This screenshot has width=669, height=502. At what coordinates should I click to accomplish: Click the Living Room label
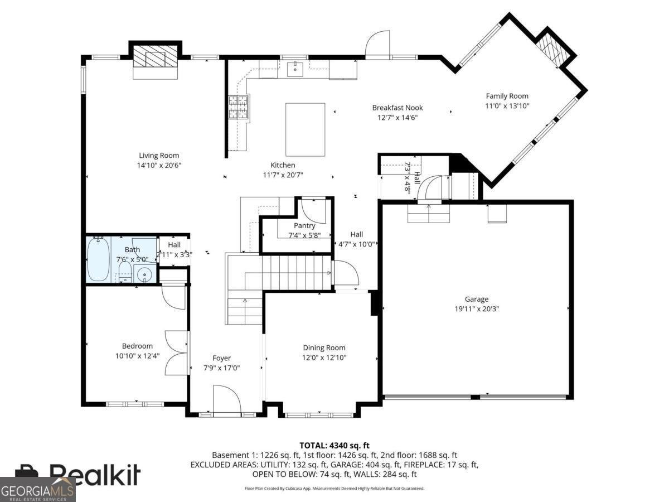point(159,156)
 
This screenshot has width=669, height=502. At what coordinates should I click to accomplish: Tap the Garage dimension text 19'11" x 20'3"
point(476,309)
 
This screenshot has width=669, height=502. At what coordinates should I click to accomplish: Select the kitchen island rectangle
point(305,129)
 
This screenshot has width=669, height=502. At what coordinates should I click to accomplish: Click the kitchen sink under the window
point(295,69)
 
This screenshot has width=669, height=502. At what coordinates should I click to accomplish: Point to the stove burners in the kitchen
point(239,107)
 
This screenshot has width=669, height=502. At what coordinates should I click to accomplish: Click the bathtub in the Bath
point(99,259)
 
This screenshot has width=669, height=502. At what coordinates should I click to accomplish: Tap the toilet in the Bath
point(125,272)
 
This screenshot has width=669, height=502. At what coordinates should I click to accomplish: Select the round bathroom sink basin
point(144,275)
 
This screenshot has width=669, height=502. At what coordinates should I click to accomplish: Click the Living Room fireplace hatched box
point(156,56)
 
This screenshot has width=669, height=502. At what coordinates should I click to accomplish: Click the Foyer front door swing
point(227,399)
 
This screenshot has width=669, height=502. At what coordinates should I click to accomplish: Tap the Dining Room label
point(324,347)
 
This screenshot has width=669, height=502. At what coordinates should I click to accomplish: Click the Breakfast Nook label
point(397,108)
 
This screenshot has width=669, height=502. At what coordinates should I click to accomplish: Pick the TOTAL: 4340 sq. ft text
point(334,446)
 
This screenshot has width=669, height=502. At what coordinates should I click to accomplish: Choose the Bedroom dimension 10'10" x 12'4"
point(138,356)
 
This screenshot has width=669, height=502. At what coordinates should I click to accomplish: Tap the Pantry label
point(304,225)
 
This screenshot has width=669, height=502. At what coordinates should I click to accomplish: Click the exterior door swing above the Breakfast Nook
point(377,45)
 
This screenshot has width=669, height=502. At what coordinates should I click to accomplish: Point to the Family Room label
point(507,96)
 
